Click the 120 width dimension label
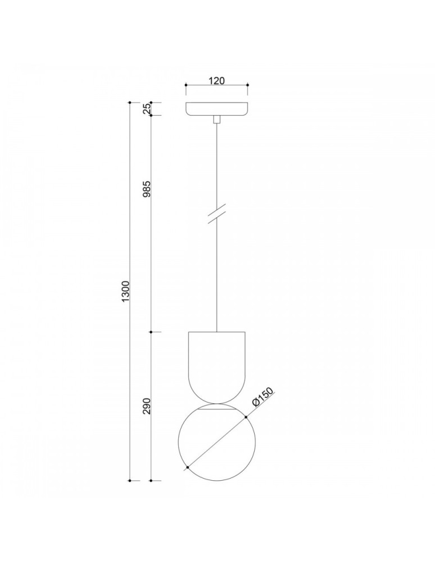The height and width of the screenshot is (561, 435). (217, 80)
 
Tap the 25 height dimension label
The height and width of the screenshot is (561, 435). (147, 109)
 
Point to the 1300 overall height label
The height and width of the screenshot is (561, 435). (125, 292)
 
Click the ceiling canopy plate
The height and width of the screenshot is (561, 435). (217, 109)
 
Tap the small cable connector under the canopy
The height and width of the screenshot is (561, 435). (217, 119)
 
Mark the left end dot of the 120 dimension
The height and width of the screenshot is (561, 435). (185, 85)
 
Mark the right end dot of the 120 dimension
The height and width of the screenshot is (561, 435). (248, 85)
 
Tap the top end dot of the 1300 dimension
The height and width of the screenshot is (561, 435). (130, 103)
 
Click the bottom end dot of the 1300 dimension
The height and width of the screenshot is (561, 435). (130, 481)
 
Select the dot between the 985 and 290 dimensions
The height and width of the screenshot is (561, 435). (152, 332)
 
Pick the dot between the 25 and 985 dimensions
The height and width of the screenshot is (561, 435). (152, 116)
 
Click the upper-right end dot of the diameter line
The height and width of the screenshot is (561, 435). (246, 417)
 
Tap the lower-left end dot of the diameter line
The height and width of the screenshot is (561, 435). (187, 466)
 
